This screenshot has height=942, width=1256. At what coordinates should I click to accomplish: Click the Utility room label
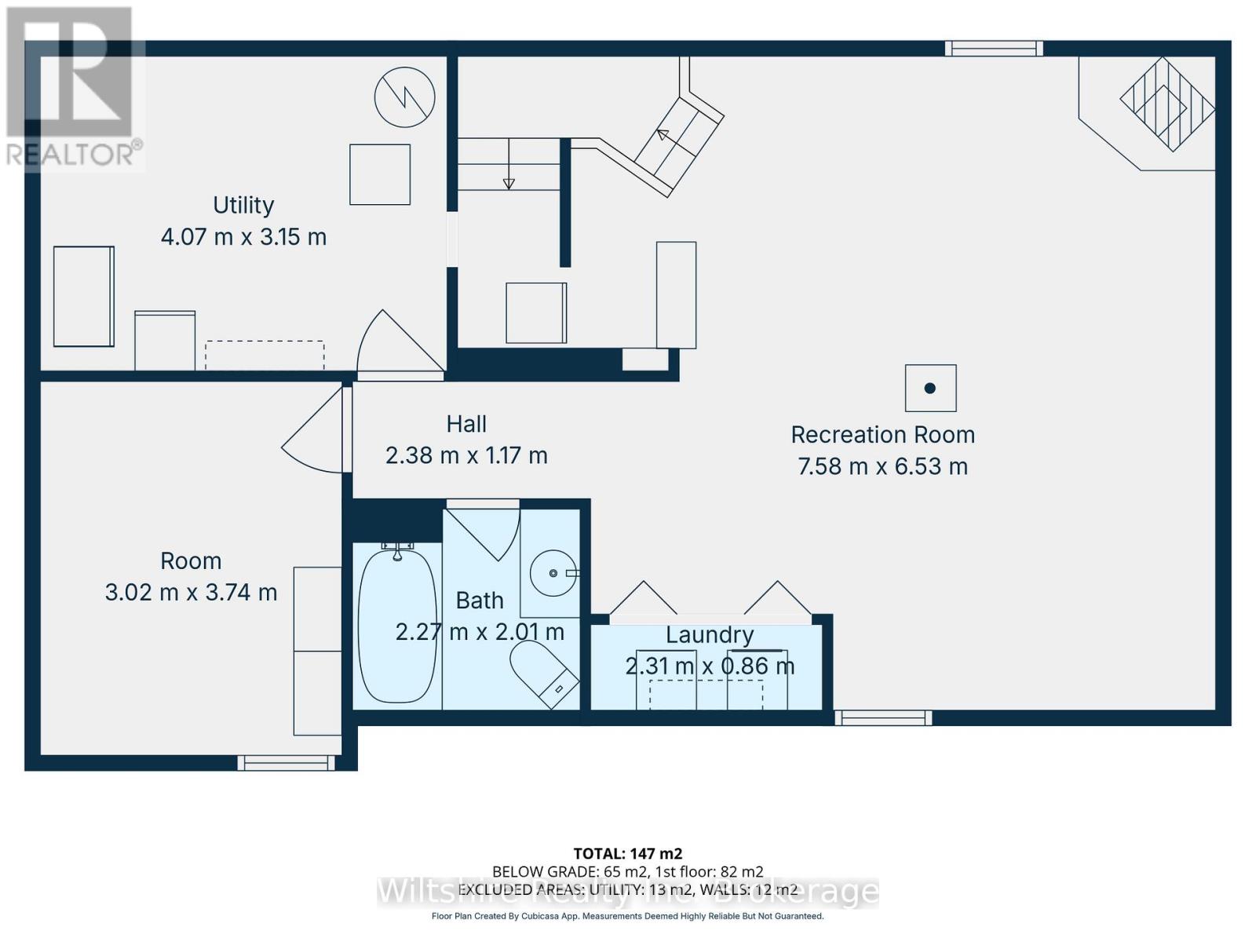[243, 205]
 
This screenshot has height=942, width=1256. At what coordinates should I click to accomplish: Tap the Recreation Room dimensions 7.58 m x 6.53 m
[882, 466]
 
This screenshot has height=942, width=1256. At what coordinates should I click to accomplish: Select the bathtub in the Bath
[396, 626]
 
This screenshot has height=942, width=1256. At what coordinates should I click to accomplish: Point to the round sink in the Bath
[553, 573]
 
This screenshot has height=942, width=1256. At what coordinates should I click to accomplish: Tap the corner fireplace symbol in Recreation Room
[1167, 104]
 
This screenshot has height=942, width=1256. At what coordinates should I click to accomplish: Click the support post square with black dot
[930, 388]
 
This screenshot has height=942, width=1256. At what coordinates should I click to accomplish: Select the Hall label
[466, 424]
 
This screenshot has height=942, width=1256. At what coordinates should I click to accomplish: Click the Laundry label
[710, 634]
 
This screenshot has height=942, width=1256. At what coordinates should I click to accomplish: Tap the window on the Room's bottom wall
[287, 762]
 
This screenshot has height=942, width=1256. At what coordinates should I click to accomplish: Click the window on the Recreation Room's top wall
[994, 49]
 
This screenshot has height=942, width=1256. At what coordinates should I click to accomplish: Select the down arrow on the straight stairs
[509, 182]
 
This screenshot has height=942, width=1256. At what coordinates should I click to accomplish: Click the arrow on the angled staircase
[663, 135]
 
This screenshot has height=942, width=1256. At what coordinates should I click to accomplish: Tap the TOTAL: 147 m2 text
[627, 853]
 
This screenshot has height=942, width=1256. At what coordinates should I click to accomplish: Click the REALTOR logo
[75, 86]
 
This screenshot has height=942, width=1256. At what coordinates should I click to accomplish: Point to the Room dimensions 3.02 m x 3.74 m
[191, 592]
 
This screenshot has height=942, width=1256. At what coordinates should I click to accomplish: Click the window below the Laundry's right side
[883, 717]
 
